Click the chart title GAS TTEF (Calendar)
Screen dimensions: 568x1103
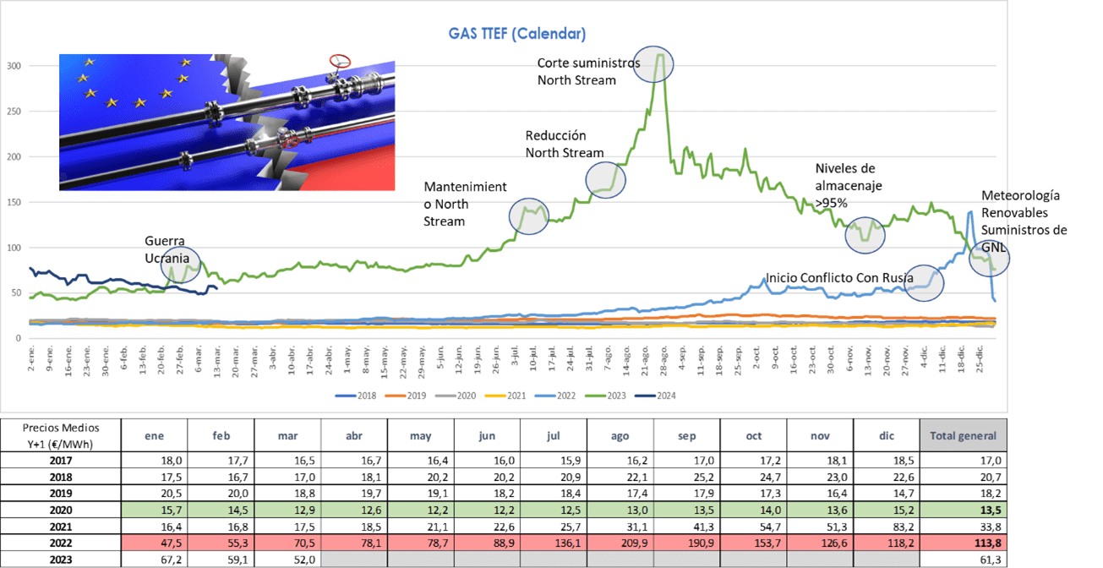pos(516,34)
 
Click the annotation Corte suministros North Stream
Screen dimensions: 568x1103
pos(588,72)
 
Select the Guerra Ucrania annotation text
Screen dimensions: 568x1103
pos(164,248)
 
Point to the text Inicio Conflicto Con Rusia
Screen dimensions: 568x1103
pos(838,277)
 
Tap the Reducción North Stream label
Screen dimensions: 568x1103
pos(564,145)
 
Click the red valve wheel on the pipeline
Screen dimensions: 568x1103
pos(340,61)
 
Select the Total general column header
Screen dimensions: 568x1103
pos(963,436)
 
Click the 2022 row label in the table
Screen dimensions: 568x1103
pos(59,542)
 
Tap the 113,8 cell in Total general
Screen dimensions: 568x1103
pos(963,542)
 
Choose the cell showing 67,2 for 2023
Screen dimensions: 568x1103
pos(155,559)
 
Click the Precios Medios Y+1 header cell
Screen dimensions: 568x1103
pos(59,436)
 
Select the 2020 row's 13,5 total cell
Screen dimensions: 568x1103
pos(963,510)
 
